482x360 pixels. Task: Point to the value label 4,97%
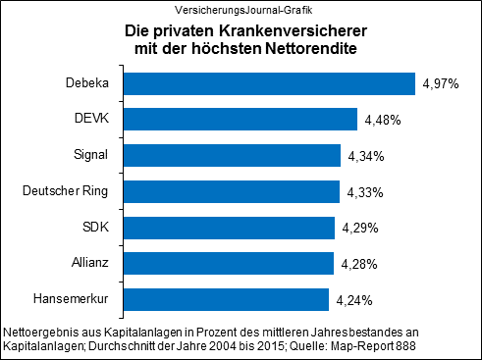(441, 84)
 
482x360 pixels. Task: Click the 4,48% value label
(383, 121)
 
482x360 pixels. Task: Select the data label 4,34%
(366, 156)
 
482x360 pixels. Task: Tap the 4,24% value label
(354, 300)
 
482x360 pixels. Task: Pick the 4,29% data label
(360, 229)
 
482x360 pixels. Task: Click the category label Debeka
(86, 83)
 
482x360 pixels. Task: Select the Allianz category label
(88, 263)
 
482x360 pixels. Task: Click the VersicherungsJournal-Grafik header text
(241, 10)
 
